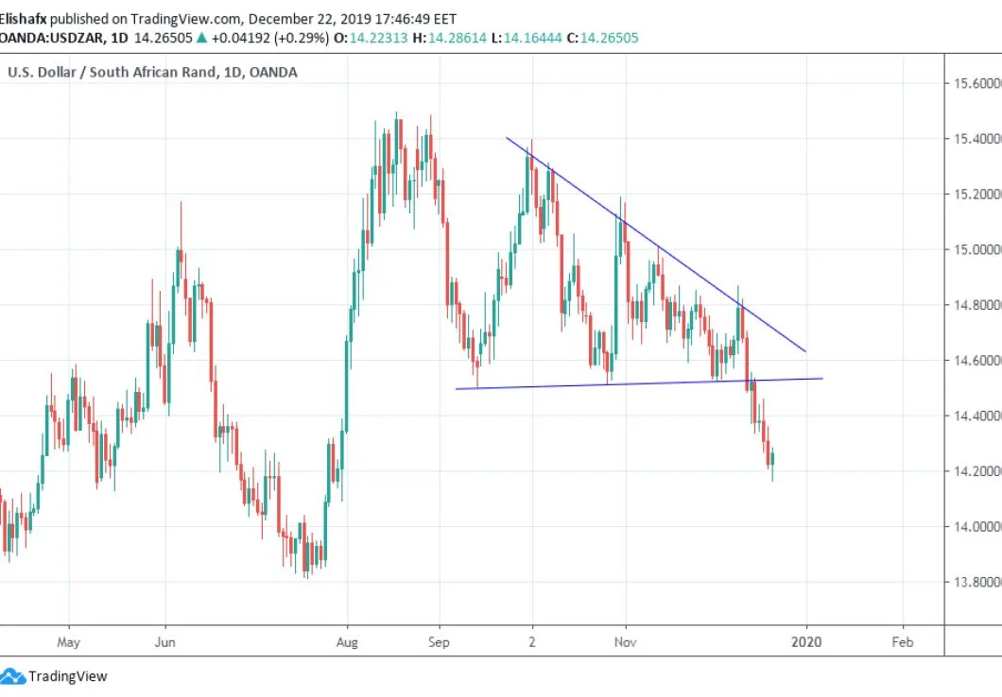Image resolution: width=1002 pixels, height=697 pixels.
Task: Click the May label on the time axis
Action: point(69,641)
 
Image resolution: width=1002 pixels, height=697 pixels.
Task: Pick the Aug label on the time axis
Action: point(348,641)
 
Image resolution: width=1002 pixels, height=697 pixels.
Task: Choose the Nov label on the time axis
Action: point(625,641)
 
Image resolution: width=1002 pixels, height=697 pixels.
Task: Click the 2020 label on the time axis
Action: point(807,641)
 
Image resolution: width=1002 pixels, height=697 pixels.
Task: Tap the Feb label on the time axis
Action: point(903,641)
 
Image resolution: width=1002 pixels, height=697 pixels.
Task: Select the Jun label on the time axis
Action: point(165,641)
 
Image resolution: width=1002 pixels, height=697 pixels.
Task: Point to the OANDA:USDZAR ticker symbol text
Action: point(51,38)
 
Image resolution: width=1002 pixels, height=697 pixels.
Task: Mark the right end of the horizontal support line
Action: point(822,378)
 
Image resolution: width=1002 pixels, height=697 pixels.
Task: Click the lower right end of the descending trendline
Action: point(805,351)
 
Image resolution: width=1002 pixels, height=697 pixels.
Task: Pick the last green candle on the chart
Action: point(773,460)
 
